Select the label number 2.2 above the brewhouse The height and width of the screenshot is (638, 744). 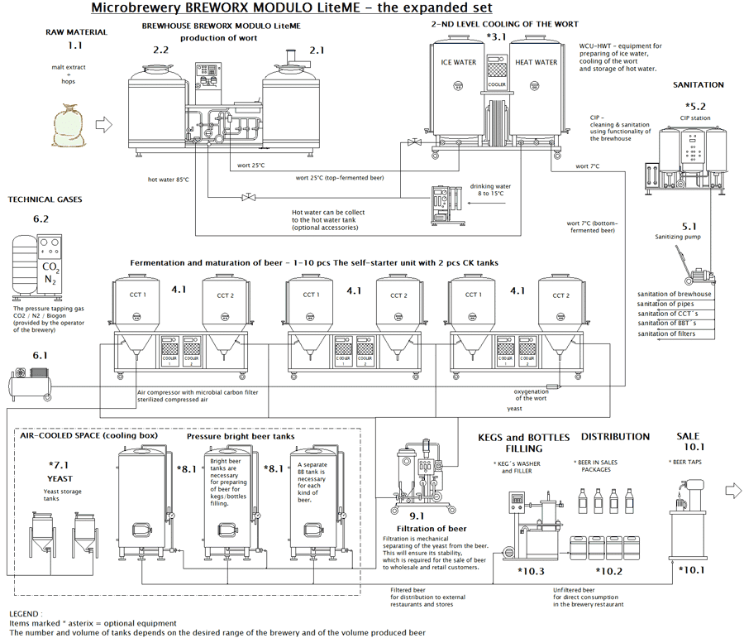161,50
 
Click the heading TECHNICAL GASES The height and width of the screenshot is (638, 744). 45,199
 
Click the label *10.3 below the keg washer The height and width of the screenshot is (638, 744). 532,571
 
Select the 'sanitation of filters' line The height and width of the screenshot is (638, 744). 666,333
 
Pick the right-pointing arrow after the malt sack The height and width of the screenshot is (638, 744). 105,125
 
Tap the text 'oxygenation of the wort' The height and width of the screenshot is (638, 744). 531,394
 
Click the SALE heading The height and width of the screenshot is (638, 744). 688,436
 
